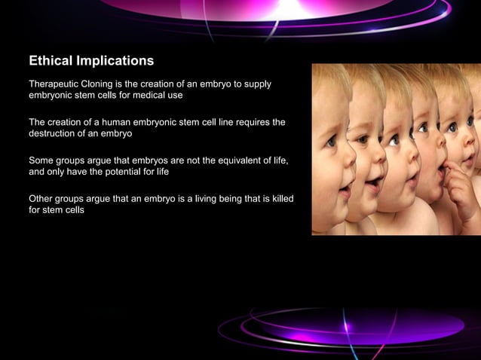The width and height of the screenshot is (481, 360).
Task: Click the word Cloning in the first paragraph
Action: pos(106,84)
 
